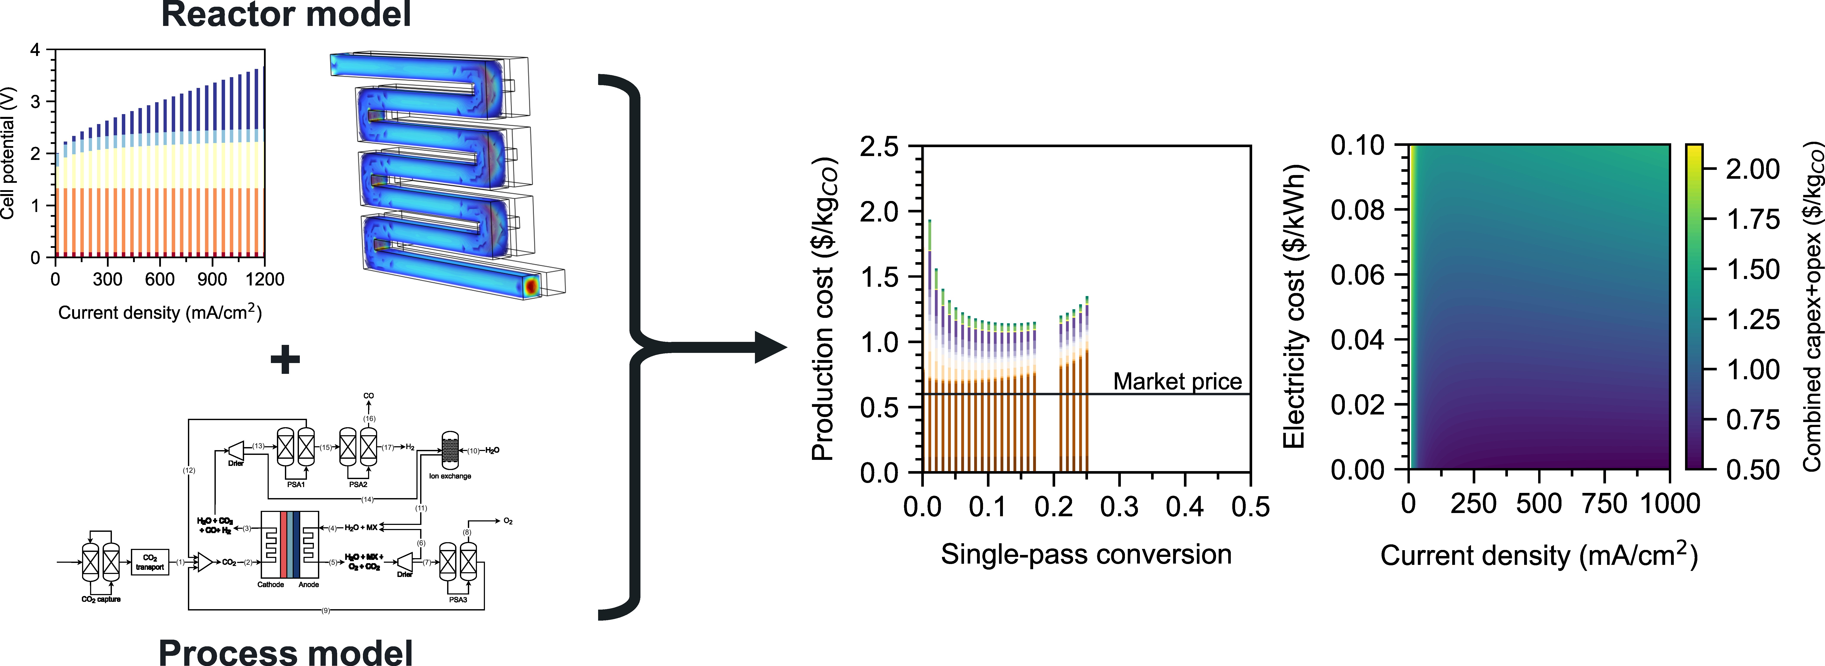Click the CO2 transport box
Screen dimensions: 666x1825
pyautogui.click(x=149, y=562)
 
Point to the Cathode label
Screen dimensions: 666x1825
pyautogui.click(x=271, y=585)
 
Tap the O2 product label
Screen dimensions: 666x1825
pyautogui.click(x=508, y=521)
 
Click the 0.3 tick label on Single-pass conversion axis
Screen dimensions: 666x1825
pyautogui.click(x=1119, y=507)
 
